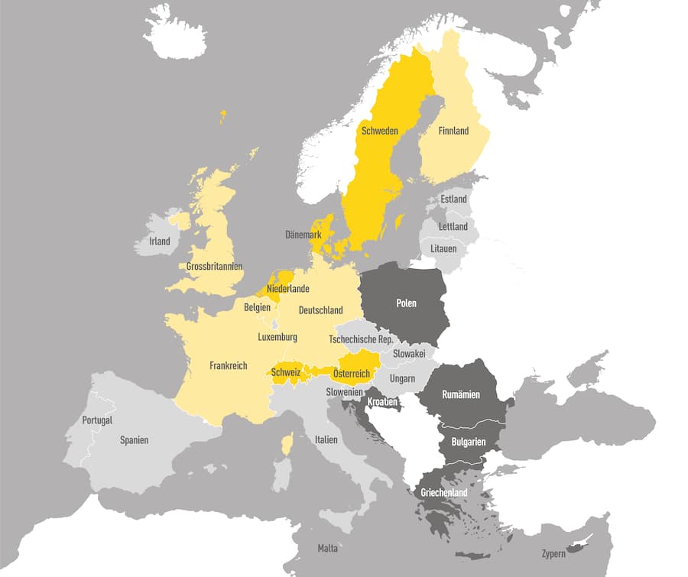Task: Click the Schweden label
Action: (379, 131)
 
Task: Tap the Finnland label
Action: (453, 131)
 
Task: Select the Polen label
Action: (406, 303)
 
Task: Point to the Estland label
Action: (453, 199)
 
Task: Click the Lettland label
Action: (453, 227)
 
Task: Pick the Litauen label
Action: (443, 249)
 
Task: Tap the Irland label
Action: (160, 241)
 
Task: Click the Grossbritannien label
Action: (214, 267)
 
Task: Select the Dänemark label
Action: (303, 235)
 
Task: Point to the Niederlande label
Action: (288, 289)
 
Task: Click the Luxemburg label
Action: (277, 337)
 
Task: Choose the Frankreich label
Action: (229, 366)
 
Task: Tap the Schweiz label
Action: (284, 373)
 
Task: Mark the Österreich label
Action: (352, 373)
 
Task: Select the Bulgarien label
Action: (469, 442)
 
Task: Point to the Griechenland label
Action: (443, 493)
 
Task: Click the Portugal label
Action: (97, 420)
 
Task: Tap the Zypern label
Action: (553, 553)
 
